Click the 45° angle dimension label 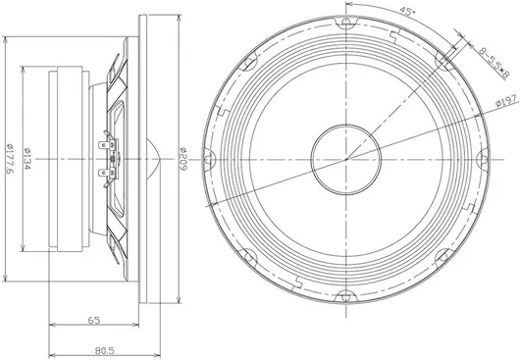[x=407, y=11]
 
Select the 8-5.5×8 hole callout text [x=494, y=63]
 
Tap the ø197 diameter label [x=506, y=100]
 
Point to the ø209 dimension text [x=183, y=159]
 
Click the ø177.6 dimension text [x=10, y=159]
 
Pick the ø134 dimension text [x=27, y=159]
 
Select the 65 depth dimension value [x=94, y=320]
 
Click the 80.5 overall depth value [x=104, y=350]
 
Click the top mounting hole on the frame [x=346, y=22]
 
